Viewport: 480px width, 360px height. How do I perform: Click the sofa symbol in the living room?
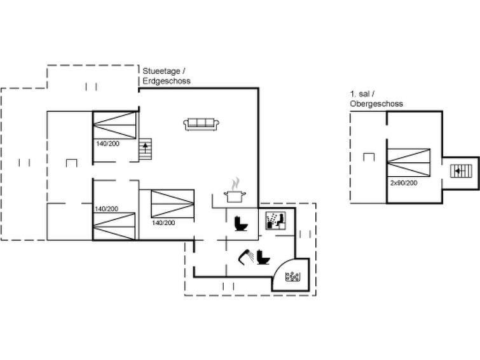201,124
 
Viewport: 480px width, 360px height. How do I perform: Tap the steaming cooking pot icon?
235,190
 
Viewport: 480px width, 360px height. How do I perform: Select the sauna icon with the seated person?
275,221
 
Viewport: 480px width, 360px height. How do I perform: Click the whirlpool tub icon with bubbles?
292,277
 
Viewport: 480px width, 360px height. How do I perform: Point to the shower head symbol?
246,257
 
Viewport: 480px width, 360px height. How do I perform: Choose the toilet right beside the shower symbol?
263,257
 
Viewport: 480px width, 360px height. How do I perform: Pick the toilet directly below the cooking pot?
241,224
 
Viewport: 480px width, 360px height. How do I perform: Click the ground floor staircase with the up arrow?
145,149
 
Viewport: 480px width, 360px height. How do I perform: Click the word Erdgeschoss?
167,81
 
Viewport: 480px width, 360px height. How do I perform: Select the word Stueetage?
161,71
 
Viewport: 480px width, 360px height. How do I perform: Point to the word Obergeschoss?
376,104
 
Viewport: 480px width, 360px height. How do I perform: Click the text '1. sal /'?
362,93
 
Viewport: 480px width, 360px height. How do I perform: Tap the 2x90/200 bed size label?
404,183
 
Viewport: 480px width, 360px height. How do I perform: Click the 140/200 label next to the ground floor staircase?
107,144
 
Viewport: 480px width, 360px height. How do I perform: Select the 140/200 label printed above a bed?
106,209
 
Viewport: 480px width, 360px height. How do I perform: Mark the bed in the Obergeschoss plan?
409,163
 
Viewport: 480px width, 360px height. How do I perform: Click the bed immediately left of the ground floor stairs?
114,125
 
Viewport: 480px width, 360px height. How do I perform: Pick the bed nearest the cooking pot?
173,204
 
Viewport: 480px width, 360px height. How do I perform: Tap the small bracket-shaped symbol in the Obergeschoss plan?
369,157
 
